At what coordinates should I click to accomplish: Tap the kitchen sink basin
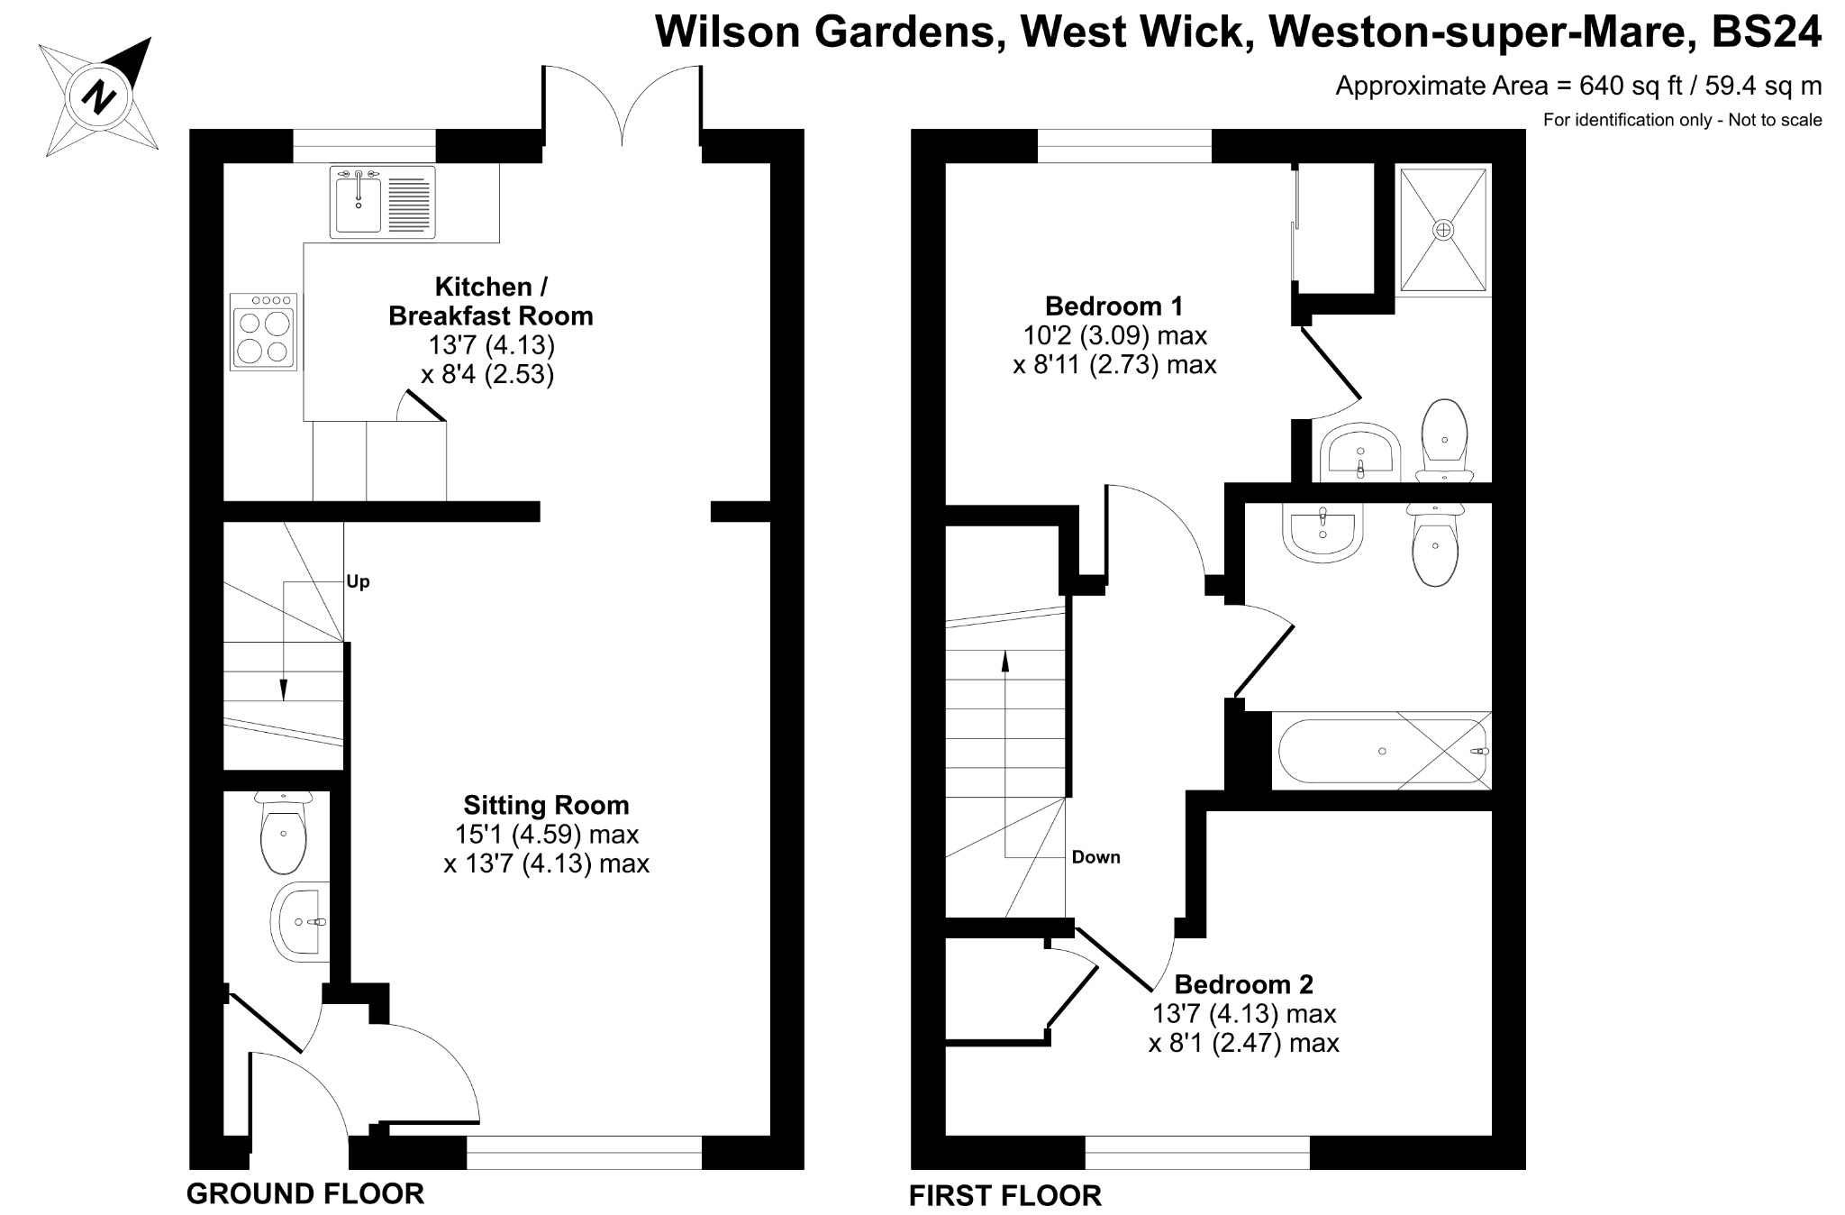click(358, 203)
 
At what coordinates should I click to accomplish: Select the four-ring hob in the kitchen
click(264, 331)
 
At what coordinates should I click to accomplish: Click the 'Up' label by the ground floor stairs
click(359, 582)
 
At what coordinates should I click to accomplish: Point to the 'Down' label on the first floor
click(1096, 857)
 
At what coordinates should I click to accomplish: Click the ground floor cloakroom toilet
click(284, 833)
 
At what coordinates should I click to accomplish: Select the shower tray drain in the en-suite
click(1443, 230)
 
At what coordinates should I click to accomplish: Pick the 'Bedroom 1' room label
click(1114, 306)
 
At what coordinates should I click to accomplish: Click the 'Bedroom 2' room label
click(1244, 983)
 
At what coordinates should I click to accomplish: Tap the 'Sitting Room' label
click(546, 805)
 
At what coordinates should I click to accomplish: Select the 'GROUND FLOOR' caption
click(305, 1193)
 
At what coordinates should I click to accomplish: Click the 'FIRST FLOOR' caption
click(1005, 1196)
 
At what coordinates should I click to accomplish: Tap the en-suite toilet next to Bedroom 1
click(1445, 441)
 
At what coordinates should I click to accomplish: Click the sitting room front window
click(584, 1153)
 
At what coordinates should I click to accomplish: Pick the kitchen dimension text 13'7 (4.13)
click(491, 345)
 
